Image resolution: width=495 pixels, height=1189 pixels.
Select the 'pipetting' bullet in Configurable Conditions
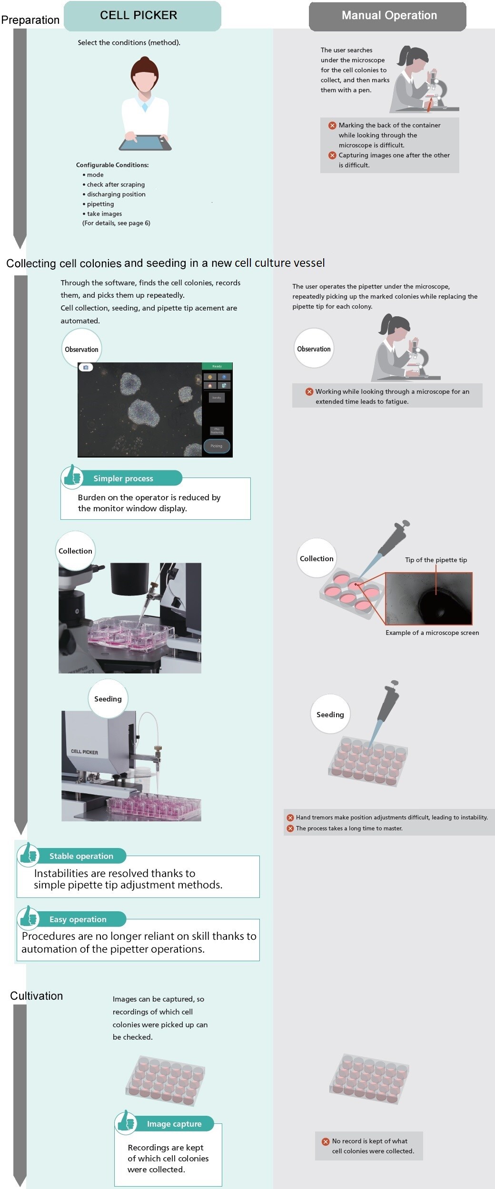click(100, 204)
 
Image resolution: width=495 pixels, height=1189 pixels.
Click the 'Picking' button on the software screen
click(217, 446)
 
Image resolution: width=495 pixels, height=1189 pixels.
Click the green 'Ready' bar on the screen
click(217, 366)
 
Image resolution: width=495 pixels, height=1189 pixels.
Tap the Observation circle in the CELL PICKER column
click(81, 349)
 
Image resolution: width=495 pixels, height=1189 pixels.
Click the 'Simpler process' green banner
click(124, 478)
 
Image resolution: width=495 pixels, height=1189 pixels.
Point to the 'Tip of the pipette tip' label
click(436, 560)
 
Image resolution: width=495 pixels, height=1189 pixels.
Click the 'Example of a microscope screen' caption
click(432, 633)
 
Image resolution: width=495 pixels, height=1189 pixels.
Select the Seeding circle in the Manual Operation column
click(330, 714)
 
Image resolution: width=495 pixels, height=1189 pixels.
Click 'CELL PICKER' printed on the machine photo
click(84, 752)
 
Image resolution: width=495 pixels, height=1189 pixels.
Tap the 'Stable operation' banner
click(81, 856)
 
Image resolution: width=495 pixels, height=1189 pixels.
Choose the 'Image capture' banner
click(174, 1124)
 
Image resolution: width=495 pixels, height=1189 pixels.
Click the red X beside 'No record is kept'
click(326, 1141)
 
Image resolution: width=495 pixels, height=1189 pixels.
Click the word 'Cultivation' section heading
click(37, 996)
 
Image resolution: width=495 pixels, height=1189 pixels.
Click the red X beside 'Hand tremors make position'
click(290, 818)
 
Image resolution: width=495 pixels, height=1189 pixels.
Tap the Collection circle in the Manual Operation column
click(316, 558)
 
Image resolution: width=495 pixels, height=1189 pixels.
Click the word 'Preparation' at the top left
click(30, 20)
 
